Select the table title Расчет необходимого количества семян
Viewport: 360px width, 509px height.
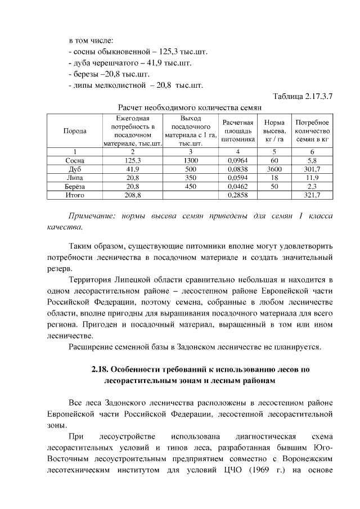pyautogui.click(x=190, y=107)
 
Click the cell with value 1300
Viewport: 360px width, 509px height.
pyautogui.click(x=191, y=160)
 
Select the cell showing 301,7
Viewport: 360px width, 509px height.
pyautogui.click(x=312, y=169)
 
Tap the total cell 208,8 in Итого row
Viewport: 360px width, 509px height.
pyautogui.click(x=133, y=195)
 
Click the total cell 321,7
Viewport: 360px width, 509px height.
pyautogui.click(x=312, y=195)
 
